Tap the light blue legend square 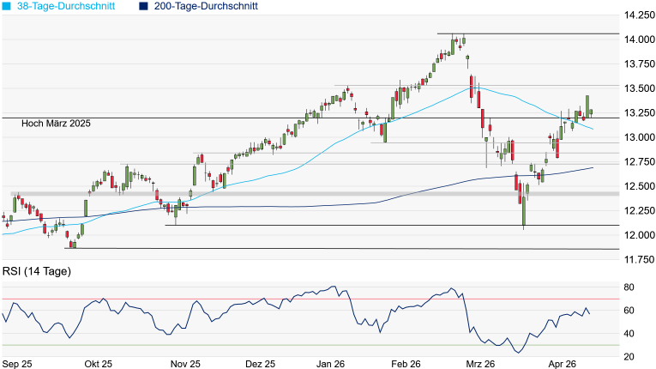pyautogui.click(x=7, y=6)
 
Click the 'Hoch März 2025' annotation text pyautogui.click(x=57, y=124)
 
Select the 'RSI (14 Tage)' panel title pyautogui.click(x=37, y=272)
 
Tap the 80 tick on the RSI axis pyautogui.click(x=629, y=287)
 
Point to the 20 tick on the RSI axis pyautogui.click(x=629, y=356)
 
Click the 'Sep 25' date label pyautogui.click(x=16, y=364)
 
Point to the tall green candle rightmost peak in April pyautogui.click(x=587, y=105)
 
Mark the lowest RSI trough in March pyautogui.click(x=517, y=352)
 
